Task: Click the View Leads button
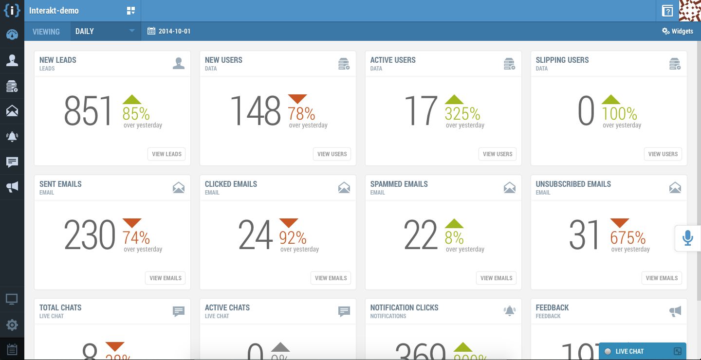click(166, 154)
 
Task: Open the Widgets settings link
click(677, 31)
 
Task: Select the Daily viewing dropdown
click(105, 31)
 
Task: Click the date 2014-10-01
click(169, 31)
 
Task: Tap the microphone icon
click(687, 238)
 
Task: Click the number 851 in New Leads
click(88, 111)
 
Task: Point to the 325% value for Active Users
click(462, 114)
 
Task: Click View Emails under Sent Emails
click(166, 278)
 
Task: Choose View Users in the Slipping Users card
click(663, 154)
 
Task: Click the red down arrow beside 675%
click(619, 223)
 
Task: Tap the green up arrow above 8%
click(454, 223)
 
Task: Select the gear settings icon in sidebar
click(12, 325)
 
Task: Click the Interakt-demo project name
click(54, 11)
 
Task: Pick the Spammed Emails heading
click(399, 184)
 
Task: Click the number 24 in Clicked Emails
click(256, 235)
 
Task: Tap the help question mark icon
click(667, 11)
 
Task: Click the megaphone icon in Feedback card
click(675, 311)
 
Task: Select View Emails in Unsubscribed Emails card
click(662, 278)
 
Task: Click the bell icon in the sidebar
click(12, 137)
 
